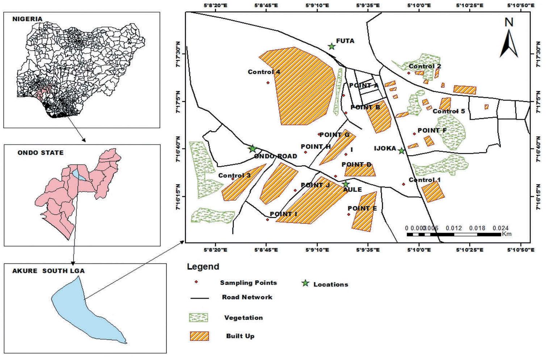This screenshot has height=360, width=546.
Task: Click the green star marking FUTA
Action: pos(331,46)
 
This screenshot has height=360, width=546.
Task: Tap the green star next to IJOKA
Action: pos(401,151)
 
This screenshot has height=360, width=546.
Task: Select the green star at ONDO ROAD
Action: pos(252,149)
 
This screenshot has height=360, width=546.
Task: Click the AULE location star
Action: pos(346,184)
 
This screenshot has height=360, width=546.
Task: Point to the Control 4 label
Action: pos(264,72)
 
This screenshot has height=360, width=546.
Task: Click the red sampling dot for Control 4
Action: pos(268,83)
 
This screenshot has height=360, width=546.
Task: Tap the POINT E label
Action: pos(362,208)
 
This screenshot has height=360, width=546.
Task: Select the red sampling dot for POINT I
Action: pos(268,219)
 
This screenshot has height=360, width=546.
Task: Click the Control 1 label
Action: pos(425,180)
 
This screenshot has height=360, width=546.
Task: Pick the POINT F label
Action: pos(432,130)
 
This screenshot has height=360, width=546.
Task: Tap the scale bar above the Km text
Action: pos(454,235)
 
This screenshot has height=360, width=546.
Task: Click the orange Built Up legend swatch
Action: pos(199,336)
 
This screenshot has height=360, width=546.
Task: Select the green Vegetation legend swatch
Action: pos(199,318)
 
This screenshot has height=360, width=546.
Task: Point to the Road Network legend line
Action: pos(199,298)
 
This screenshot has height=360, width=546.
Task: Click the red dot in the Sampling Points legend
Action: pos(196,282)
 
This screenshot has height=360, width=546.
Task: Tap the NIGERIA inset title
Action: pos(27,19)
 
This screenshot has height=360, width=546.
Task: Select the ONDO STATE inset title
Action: pos(40,153)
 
